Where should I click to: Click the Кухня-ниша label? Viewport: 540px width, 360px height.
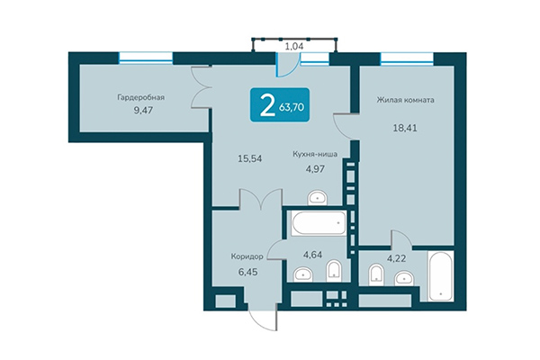(315, 154)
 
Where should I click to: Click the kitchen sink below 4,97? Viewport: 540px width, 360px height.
(316, 198)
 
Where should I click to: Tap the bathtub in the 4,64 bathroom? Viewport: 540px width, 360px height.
(315, 221)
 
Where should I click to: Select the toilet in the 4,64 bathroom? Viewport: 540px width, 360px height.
(334, 269)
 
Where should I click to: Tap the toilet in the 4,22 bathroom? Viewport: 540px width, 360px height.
(373, 274)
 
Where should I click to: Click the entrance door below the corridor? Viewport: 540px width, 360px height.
(263, 315)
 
